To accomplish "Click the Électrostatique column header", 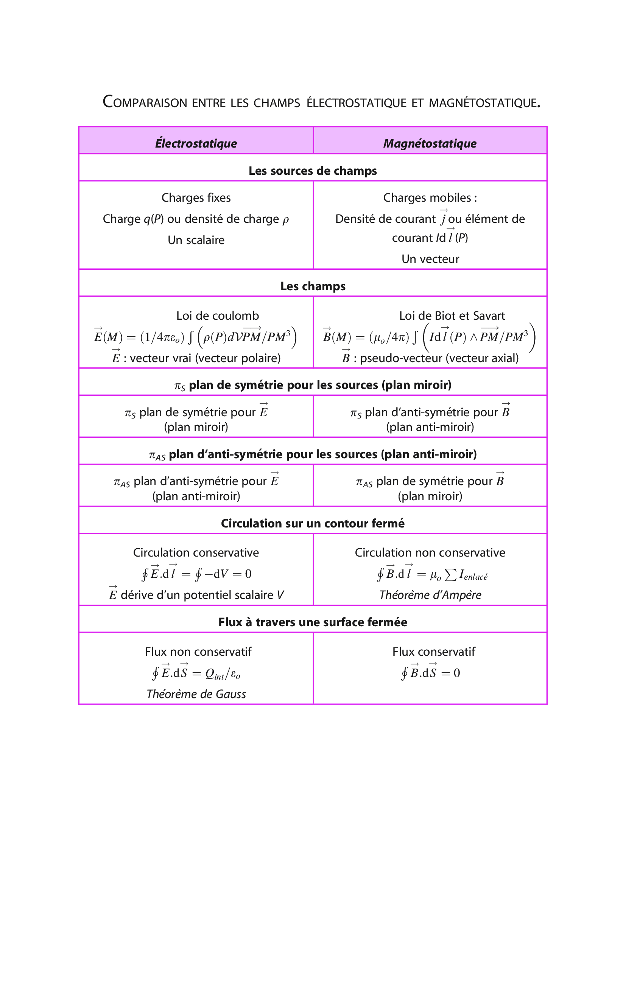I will coord(196,143).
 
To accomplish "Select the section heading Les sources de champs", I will coord(312,171).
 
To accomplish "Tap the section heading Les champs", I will coord(313,286).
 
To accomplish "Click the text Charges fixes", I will coord(196,198).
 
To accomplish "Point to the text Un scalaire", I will coord(196,240).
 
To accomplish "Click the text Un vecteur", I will coord(430,259).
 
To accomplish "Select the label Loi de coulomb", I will coord(217,316).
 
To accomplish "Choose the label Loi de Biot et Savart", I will coord(452,316).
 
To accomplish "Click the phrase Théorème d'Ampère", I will coord(430,595).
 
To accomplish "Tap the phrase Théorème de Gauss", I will coord(196,694).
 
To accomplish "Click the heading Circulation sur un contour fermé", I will coord(312,523).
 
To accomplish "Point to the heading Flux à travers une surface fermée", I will coord(312,622).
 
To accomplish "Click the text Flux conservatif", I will coord(434,652).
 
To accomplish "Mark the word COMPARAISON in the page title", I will coord(145,102).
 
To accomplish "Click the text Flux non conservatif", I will coord(198,652).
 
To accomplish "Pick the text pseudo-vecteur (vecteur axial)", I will coord(439,358).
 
